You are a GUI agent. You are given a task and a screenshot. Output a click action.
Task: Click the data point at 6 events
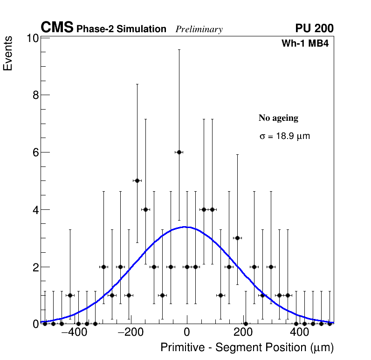(x=179, y=152)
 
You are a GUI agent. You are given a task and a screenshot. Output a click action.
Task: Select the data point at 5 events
(x=137, y=180)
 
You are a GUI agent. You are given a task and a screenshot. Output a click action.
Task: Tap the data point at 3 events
(x=237, y=238)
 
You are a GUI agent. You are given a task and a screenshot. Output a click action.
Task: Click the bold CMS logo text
(x=57, y=28)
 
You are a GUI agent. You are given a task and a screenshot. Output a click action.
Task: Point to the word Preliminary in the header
(x=199, y=29)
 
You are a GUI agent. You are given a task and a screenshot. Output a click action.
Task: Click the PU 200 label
(x=314, y=28)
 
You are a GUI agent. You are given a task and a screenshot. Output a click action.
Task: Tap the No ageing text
(x=278, y=118)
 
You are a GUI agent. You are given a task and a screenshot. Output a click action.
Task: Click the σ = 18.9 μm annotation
(x=284, y=137)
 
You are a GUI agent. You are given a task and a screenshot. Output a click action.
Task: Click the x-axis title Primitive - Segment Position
(x=247, y=348)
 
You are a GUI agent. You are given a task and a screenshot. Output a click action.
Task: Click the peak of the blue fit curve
(x=185, y=227)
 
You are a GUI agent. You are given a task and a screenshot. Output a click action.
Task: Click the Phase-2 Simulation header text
(x=121, y=29)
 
